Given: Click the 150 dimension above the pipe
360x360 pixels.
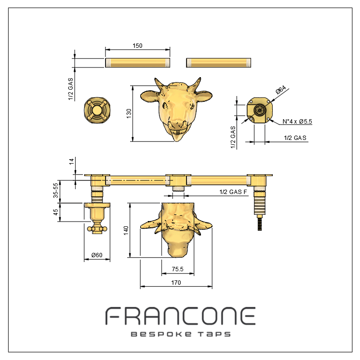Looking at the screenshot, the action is tap(137, 45).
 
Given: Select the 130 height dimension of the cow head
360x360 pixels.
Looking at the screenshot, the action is tap(129, 113).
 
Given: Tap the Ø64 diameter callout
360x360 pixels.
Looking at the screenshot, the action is tap(281, 90).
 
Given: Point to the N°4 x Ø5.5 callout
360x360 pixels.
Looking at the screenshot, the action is tap(297, 122).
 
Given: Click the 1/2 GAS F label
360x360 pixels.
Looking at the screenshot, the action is tap(233, 192).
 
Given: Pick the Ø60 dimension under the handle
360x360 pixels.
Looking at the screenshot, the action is tap(97, 255).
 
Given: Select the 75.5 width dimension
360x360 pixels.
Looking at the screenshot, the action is tap(177, 269).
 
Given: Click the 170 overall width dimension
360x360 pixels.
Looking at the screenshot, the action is tap(176, 282).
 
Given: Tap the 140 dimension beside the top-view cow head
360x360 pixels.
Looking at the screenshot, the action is tap(126, 230).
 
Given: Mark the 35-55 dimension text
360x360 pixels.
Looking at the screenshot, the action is tap(55, 190).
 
